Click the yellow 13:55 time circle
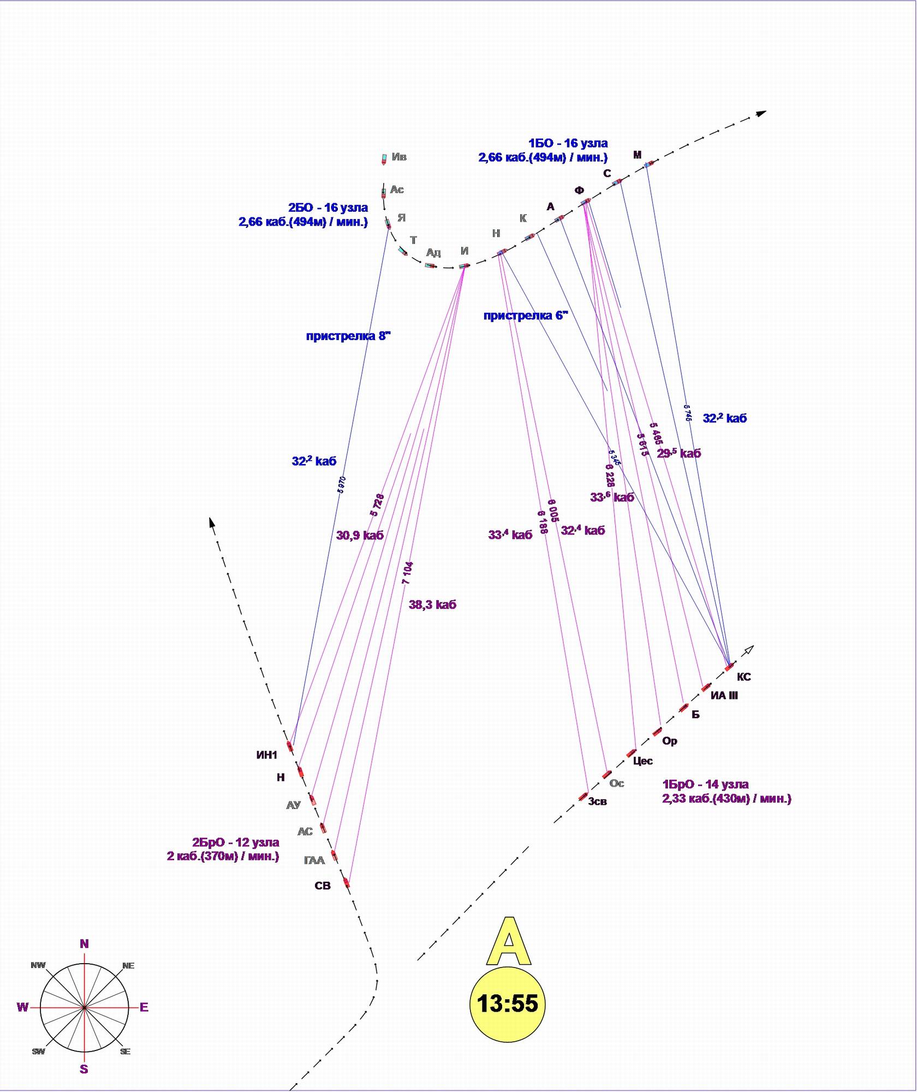pos(507,1003)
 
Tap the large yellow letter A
pos(508,942)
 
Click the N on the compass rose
pos(84,943)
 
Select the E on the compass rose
pos(144,1007)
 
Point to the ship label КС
pos(743,677)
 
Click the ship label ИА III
pos(724,696)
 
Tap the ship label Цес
pos(642,761)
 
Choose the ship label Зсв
pos(597,802)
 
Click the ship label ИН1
pos(267,755)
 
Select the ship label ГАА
pos(314,860)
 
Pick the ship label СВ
pos(323,886)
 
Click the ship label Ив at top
pos(399,157)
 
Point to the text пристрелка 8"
pos(348,336)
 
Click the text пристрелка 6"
pos(526,316)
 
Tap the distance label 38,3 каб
pos(432,604)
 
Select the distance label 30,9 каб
pos(360,536)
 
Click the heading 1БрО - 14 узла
pos(705,784)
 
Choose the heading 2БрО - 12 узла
pos(235,842)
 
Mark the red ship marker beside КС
pos(729,667)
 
